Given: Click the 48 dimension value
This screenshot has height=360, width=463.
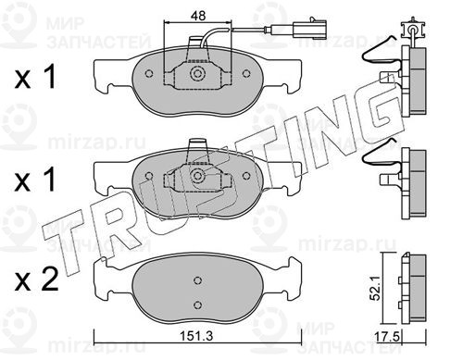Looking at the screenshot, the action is coord(198,16).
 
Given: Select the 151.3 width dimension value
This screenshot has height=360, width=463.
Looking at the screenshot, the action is coord(196,336).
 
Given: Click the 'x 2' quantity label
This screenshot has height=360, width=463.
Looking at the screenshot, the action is coord(36,279).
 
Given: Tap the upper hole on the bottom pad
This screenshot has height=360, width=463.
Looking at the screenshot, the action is coord(197,280).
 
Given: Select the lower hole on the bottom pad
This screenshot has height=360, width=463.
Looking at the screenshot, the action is coord(197,304).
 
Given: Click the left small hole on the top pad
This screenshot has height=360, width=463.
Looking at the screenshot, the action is coord(149,74).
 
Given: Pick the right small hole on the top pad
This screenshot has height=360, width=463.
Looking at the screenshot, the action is coord(246,74).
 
